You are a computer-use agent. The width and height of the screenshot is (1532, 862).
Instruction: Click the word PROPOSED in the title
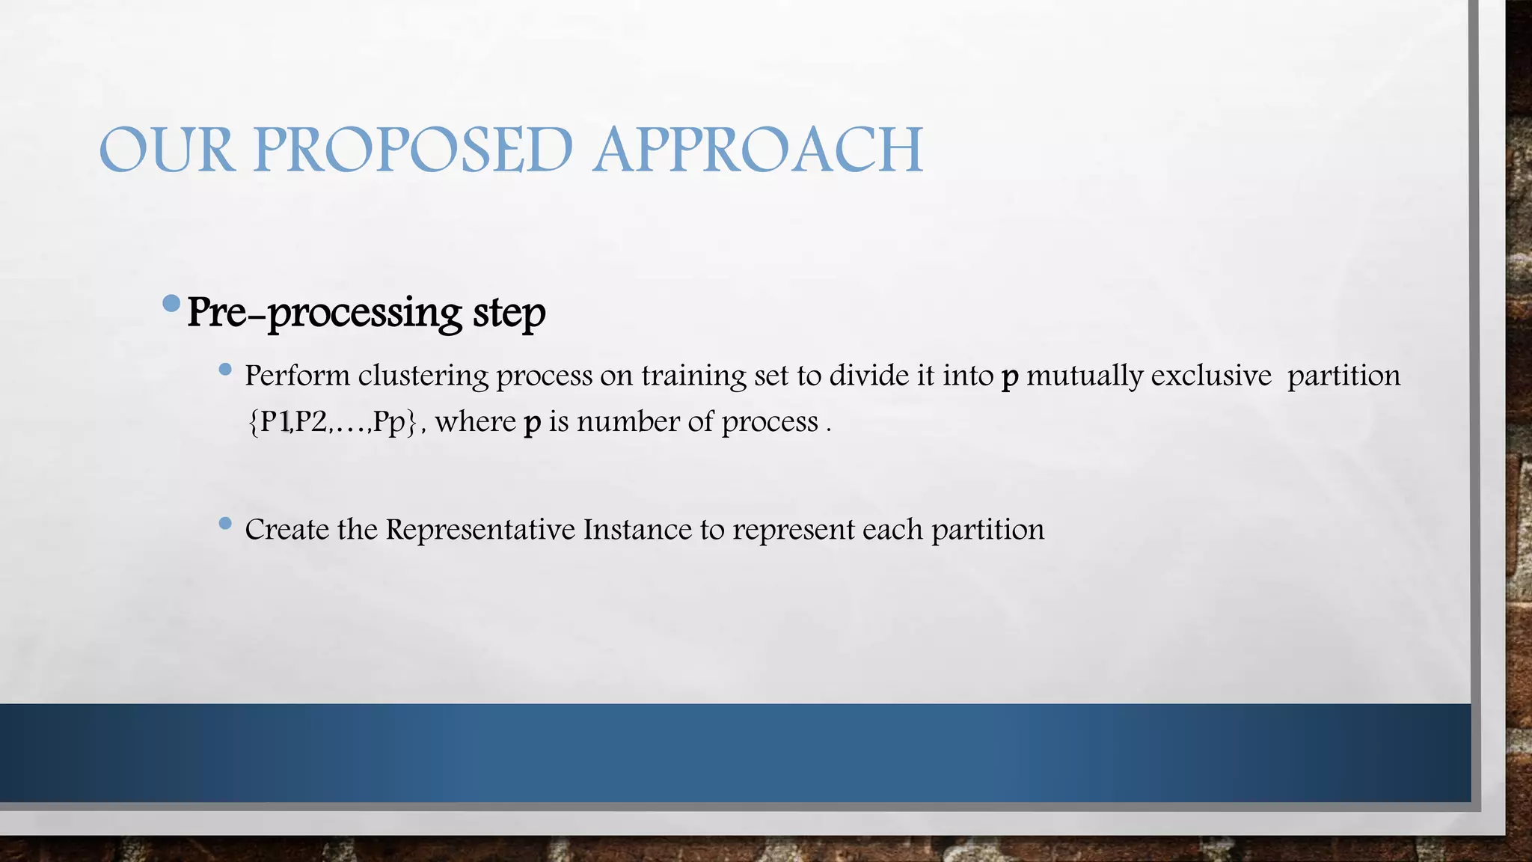coord(413,150)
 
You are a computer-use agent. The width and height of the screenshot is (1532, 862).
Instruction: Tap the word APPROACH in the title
coord(758,150)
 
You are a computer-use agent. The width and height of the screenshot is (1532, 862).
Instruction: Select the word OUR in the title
coord(166,150)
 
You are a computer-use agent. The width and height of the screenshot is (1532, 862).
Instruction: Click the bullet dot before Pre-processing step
coord(171,303)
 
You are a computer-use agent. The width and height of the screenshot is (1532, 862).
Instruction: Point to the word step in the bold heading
coord(509,313)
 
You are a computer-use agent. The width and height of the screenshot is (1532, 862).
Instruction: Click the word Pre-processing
coord(325,313)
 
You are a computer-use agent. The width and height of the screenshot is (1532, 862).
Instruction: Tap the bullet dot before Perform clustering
coord(225,370)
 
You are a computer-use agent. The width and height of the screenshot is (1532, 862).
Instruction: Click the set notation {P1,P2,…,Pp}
coord(331,422)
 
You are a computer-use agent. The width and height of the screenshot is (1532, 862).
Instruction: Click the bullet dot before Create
coord(225,524)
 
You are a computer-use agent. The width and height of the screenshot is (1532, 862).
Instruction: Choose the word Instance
coord(637,530)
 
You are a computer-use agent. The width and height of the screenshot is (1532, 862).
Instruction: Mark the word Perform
coord(297,376)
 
